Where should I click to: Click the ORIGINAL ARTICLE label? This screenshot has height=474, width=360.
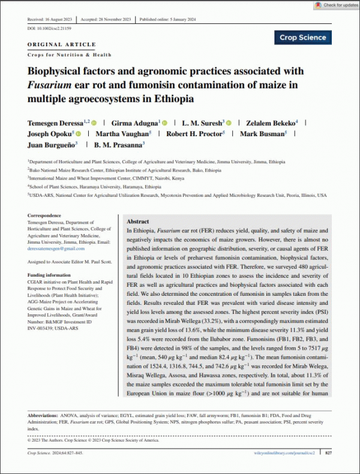click(62, 44)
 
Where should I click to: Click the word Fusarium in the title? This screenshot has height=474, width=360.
click(49, 85)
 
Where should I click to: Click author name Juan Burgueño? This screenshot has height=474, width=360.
click(50, 145)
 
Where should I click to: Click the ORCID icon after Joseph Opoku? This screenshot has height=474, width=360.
click(78, 133)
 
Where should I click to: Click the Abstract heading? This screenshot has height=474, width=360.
click(139, 221)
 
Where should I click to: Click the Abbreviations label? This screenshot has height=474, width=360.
click(46, 415)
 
